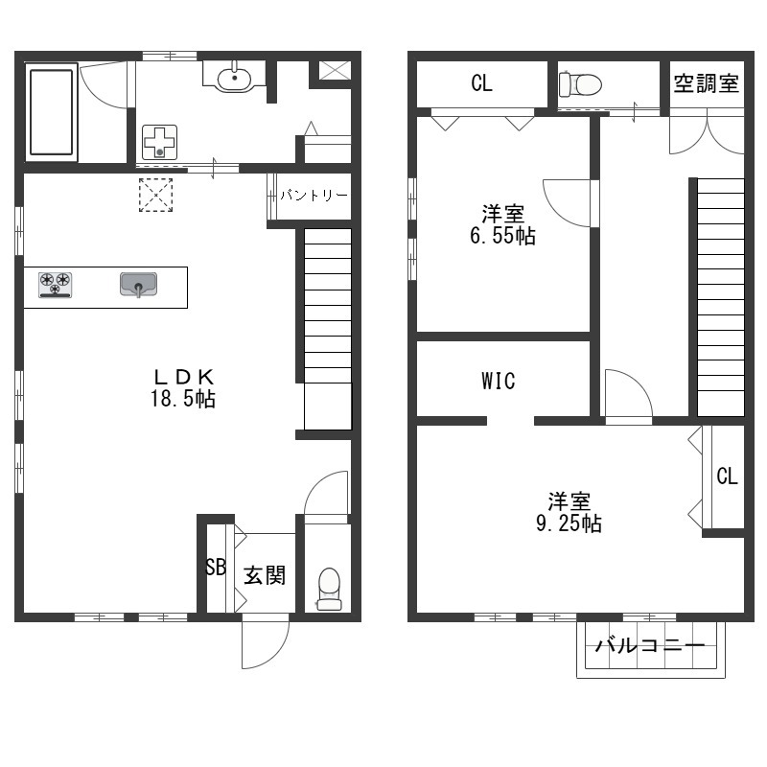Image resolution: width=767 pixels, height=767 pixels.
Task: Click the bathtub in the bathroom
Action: [x=52, y=112]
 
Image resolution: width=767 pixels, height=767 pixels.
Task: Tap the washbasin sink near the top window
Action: [x=234, y=79]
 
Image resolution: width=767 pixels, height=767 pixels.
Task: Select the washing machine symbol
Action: [x=159, y=142]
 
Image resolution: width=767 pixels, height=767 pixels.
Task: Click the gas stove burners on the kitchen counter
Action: [x=56, y=285]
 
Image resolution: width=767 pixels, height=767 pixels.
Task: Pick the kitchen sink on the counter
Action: [x=138, y=285]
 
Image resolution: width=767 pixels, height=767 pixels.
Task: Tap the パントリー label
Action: [x=314, y=196]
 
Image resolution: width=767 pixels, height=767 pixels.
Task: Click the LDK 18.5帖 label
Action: [x=183, y=388]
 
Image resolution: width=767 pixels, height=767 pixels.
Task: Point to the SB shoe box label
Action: [x=216, y=567]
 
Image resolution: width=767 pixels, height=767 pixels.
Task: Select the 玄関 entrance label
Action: [x=265, y=575]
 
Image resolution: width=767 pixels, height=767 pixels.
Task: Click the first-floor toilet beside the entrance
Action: [x=329, y=589]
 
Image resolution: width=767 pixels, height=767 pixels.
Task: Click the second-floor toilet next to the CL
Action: [x=580, y=84]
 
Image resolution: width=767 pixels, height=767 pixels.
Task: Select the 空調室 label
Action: [x=707, y=83]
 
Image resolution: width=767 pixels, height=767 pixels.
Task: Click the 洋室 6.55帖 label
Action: [x=502, y=224]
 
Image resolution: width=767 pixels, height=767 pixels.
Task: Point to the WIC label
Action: [x=499, y=381]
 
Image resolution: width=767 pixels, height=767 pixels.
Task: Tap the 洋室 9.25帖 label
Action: [x=569, y=512]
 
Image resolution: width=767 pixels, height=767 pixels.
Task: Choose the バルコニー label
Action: [x=650, y=645]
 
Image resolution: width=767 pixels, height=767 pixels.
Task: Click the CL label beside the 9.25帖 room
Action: [x=727, y=476]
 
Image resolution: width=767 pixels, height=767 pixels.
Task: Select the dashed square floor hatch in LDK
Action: [x=155, y=195]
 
